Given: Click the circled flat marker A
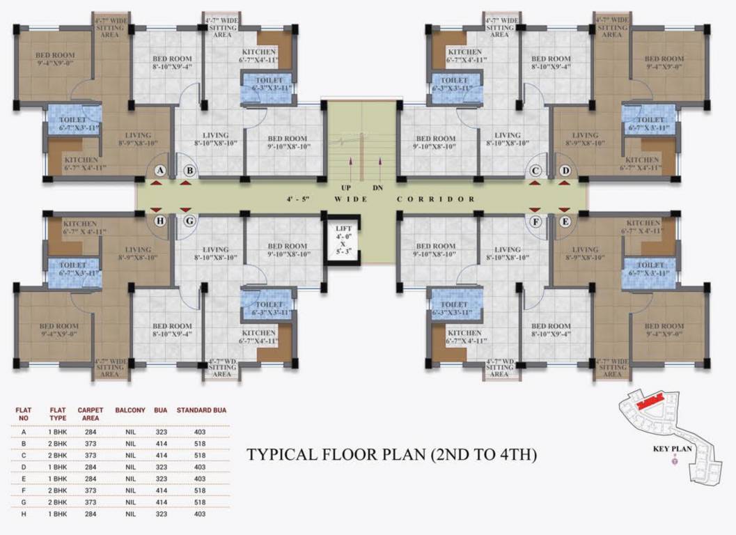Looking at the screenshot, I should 159,171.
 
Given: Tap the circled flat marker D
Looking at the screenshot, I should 565,171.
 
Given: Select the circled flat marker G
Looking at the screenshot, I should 189,222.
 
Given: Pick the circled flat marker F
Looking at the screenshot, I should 535,222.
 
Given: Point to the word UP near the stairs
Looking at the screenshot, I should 346,188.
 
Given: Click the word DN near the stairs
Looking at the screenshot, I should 378,188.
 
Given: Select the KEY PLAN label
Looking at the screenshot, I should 672,449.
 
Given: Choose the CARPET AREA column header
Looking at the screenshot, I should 91,414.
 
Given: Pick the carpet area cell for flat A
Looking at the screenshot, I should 91,432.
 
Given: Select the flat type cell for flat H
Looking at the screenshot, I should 57,514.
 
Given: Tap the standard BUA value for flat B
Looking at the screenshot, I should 201,444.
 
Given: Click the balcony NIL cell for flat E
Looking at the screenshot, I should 130,479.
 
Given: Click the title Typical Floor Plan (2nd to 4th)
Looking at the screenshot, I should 392,456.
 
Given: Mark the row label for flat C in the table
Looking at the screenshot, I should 24,456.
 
